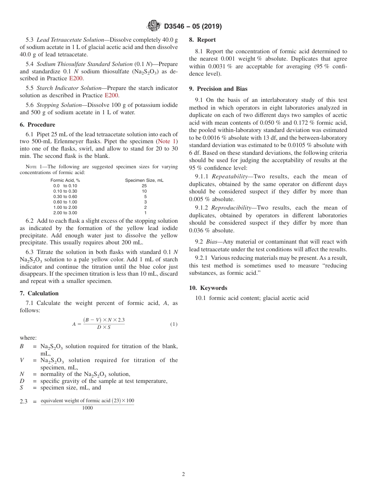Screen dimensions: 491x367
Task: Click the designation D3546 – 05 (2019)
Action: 193,27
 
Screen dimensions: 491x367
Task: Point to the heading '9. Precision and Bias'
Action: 218,88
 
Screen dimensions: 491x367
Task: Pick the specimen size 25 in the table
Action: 144,186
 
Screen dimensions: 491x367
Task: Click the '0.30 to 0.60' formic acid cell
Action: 65,196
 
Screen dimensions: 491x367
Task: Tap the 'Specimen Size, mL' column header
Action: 144,180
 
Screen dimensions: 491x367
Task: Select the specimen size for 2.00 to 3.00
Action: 145,213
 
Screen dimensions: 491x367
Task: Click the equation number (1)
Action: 174,324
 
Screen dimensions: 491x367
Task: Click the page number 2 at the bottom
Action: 183,474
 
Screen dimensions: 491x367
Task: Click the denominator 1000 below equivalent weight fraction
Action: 87,408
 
